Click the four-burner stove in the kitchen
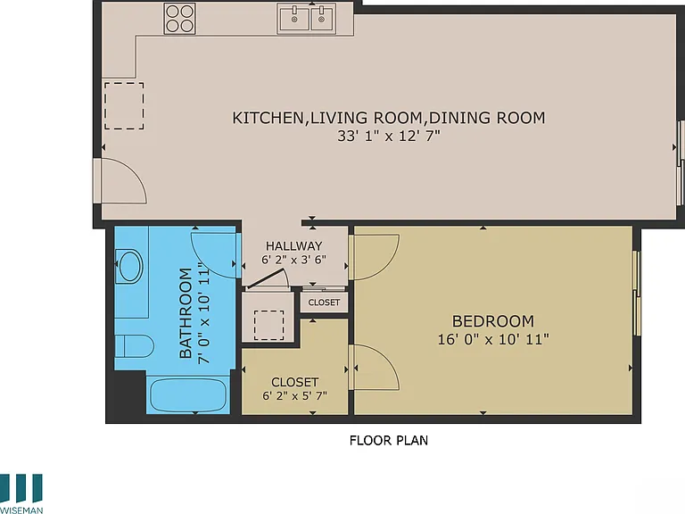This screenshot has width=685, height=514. click(x=179, y=19)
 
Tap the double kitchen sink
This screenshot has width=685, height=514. click(x=307, y=19)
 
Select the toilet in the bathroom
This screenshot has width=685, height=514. click(x=134, y=346)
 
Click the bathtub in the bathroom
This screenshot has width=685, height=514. click(x=188, y=395)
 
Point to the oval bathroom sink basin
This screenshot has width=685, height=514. click(x=129, y=266)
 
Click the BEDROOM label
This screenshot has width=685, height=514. click(x=492, y=321)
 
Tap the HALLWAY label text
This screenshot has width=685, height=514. click(x=293, y=245)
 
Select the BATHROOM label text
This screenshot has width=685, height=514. click(x=186, y=313)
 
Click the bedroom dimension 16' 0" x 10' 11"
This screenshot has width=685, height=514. click(x=493, y=339)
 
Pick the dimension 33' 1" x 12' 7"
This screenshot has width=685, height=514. click(x=389, y=136)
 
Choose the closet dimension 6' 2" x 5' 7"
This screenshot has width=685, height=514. click(x=294, y=396)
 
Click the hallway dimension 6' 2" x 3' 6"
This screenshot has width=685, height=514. click(x=293, y=260)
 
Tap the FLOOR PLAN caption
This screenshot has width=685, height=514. click(x=388, y=440)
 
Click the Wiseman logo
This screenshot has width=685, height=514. click(x=21, y=493)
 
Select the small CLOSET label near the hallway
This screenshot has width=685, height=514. click(x=324, y=303)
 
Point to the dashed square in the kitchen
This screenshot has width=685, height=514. click(x=124, y=106)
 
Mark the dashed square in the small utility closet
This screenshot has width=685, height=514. click(x=268, y=325)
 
